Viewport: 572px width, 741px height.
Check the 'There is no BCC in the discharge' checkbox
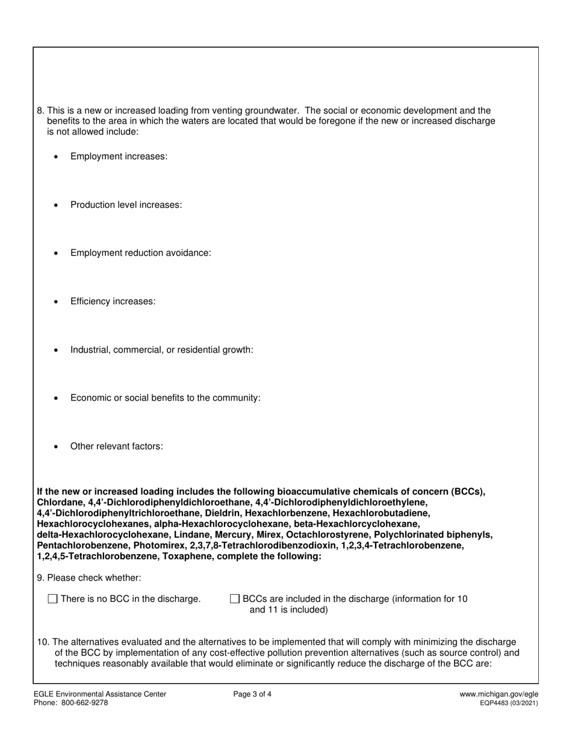pos(52,599)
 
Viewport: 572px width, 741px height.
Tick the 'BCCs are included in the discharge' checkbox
pos(235,599)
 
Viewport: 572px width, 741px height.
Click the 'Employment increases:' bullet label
pos(119,157)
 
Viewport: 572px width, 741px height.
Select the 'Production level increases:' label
pos(126,205)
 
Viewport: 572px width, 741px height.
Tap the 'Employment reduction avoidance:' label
pos(140,253)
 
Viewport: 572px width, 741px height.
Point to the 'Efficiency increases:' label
pos(113,301)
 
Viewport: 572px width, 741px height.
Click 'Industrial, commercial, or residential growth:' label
pos(161,349)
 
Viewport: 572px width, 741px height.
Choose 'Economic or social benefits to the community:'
pos(165,398)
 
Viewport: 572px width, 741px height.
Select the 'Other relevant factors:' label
pos(116,446)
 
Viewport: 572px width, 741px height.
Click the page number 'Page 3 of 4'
pos(252,694)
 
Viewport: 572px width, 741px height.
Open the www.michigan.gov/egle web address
pos(499,694)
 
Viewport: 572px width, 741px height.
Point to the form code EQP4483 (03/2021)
pos(509,703)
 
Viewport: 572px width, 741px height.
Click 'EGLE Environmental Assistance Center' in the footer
pos(100,694)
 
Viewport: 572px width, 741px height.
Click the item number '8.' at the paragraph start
pos(41,111)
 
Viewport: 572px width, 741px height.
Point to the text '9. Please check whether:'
pos(89,578)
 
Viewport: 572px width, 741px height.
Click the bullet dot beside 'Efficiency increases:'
pos(56,301)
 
